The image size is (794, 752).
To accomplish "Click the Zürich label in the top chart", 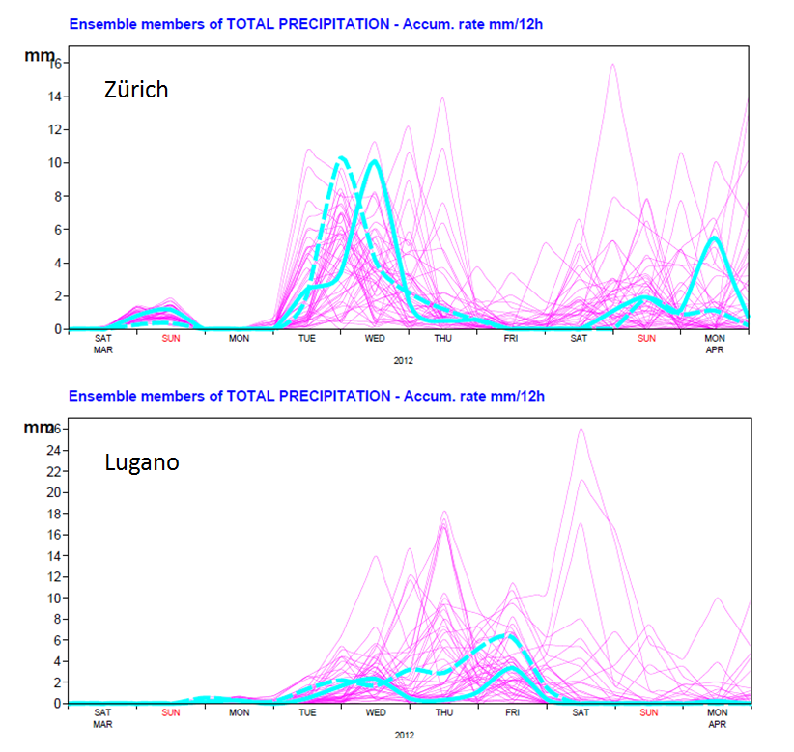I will (136, 91).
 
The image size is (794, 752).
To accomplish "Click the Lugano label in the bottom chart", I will (141, 462).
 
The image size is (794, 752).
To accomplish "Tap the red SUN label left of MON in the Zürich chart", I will (171, 339).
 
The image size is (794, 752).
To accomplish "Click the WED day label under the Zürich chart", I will (375, 339).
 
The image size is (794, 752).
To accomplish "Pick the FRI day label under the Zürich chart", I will (510, 339).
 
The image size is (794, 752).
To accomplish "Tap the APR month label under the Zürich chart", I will (714, 348).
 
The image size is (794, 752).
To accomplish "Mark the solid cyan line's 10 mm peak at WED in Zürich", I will (374, 162).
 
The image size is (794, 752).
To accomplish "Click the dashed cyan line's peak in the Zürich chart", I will (341, 158).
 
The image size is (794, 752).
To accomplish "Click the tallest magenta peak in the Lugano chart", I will (580, 429).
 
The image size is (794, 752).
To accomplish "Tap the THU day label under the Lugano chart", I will (442, 713).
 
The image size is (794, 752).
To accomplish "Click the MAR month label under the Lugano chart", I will (102, 723).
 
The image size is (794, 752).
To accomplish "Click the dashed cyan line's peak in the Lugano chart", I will (504, 635).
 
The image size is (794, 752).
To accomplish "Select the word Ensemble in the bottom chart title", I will (98, 396).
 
